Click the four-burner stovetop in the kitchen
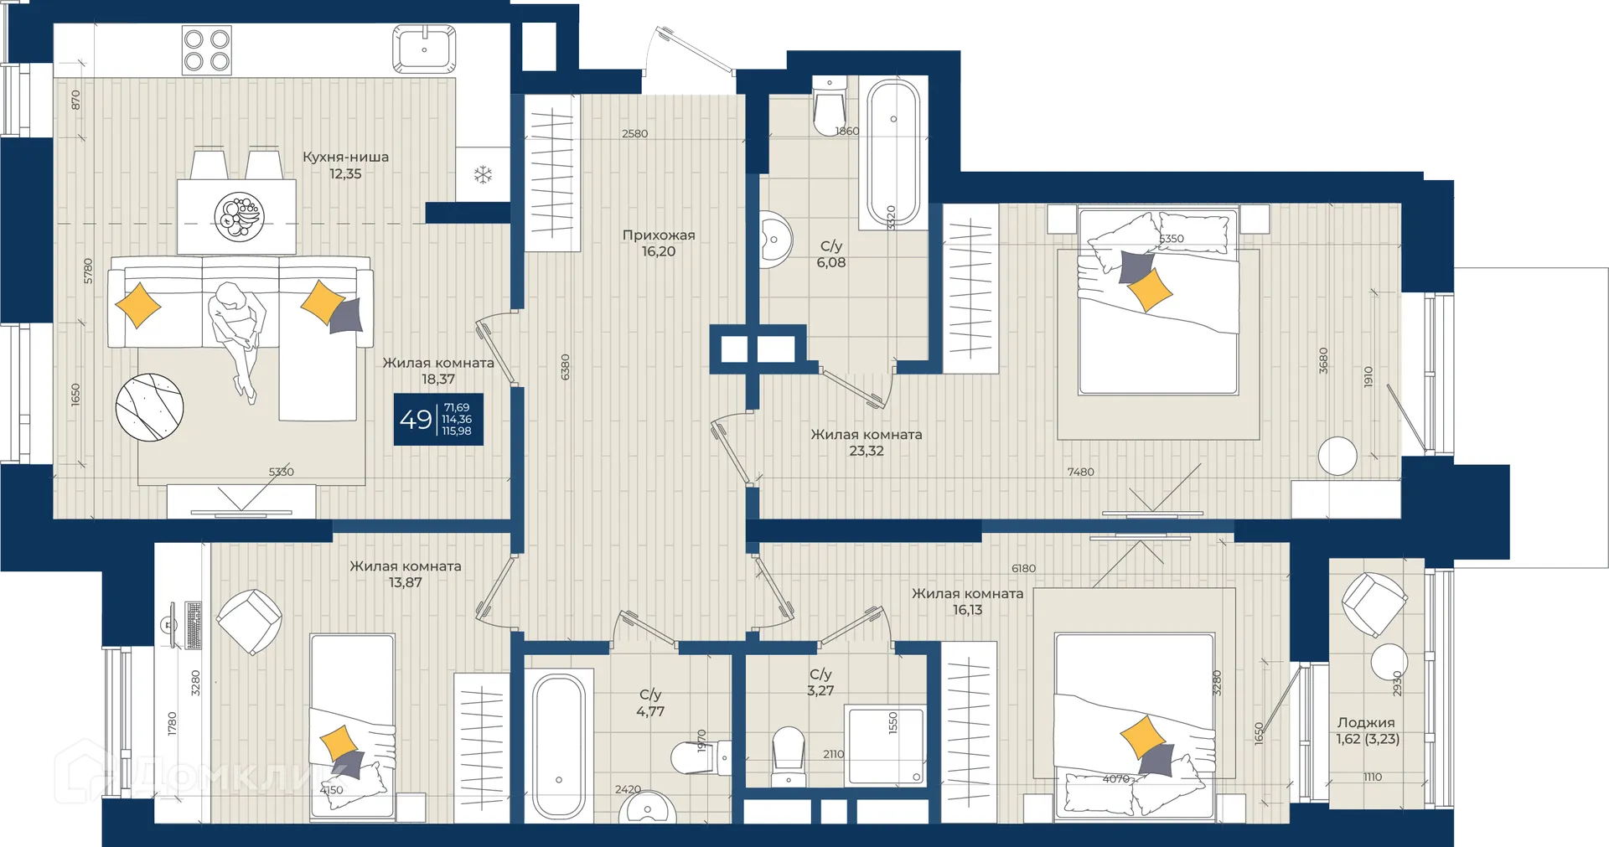[207, 50]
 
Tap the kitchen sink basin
[424, 49]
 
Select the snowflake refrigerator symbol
[483, 175]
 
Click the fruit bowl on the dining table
[239, 216]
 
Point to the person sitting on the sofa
[237, 335]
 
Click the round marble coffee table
[149, 406]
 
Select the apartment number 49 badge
[438, 419]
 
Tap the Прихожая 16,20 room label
[659, 243]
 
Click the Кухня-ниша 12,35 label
[345, 165]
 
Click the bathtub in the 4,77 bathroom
[559, 746]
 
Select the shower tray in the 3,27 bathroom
[886, 746]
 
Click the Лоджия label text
[1366, 722]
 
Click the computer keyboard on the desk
[194, 625]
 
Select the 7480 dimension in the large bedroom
[1080, 472]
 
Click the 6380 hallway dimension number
[566, 367]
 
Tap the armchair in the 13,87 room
[250, 622]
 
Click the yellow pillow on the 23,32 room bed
[1150, 290]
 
